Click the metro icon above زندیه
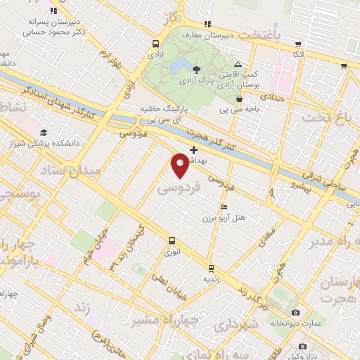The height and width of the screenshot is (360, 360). (x=211, y=268)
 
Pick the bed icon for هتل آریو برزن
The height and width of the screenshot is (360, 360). (x=224, y=207)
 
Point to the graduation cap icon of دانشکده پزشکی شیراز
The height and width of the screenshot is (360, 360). (x=44, y=132)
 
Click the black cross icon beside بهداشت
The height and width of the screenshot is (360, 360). (x=194, y=150)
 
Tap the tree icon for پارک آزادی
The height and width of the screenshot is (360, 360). (x=196, y=69)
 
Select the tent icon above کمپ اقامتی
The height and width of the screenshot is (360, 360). (x=238, y=64)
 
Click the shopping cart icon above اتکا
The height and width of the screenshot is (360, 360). (x=298, y=44)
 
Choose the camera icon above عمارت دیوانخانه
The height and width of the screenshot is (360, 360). (x=295, y=312)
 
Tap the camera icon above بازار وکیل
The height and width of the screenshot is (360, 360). (x=303, y=346)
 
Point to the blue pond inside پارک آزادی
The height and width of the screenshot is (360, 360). (x=176, y=67)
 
